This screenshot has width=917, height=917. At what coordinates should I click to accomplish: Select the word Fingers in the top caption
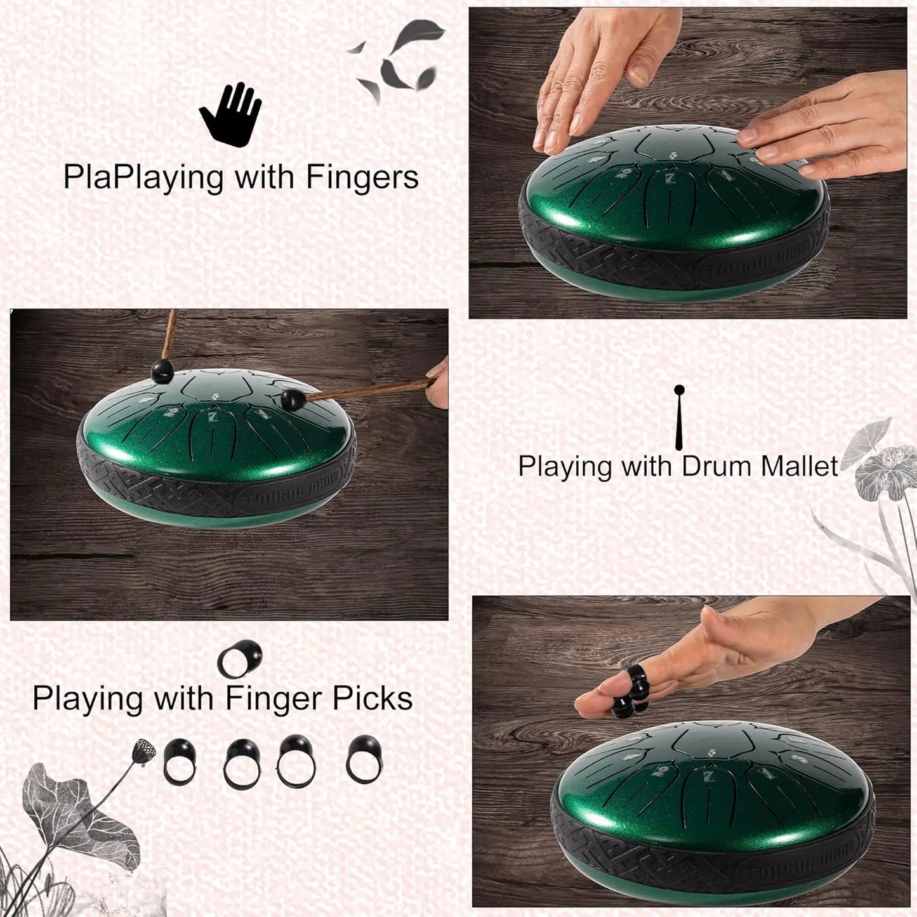click(362, 177)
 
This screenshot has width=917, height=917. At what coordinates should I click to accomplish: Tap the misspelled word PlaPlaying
click(143, 178)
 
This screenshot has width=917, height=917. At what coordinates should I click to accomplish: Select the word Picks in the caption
click(372, 698)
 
